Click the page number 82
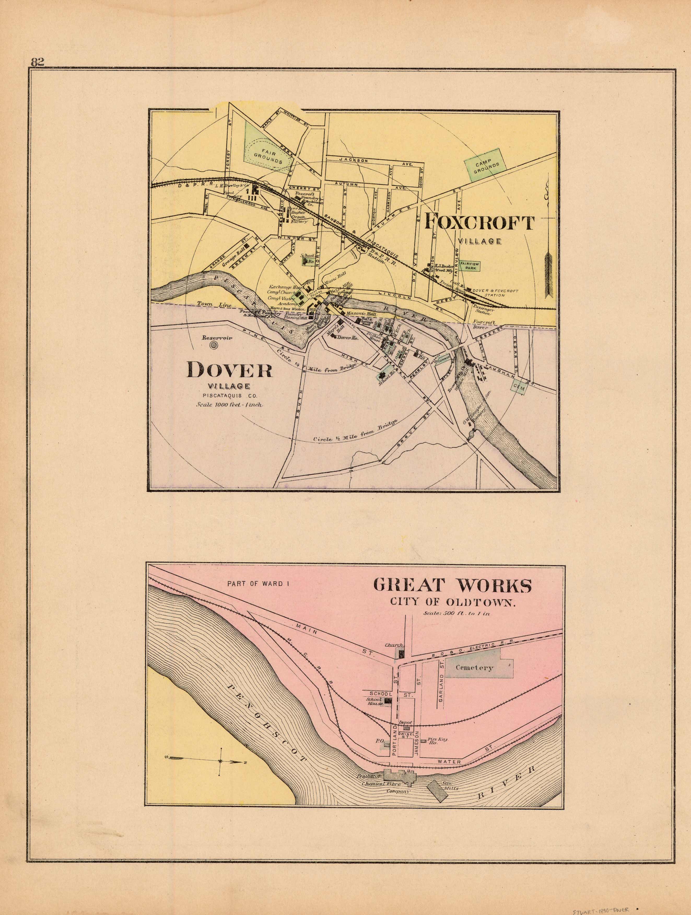pyautogui.click(x=37, y=62)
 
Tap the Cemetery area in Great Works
pyautogui.click(x=475, y=668)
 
